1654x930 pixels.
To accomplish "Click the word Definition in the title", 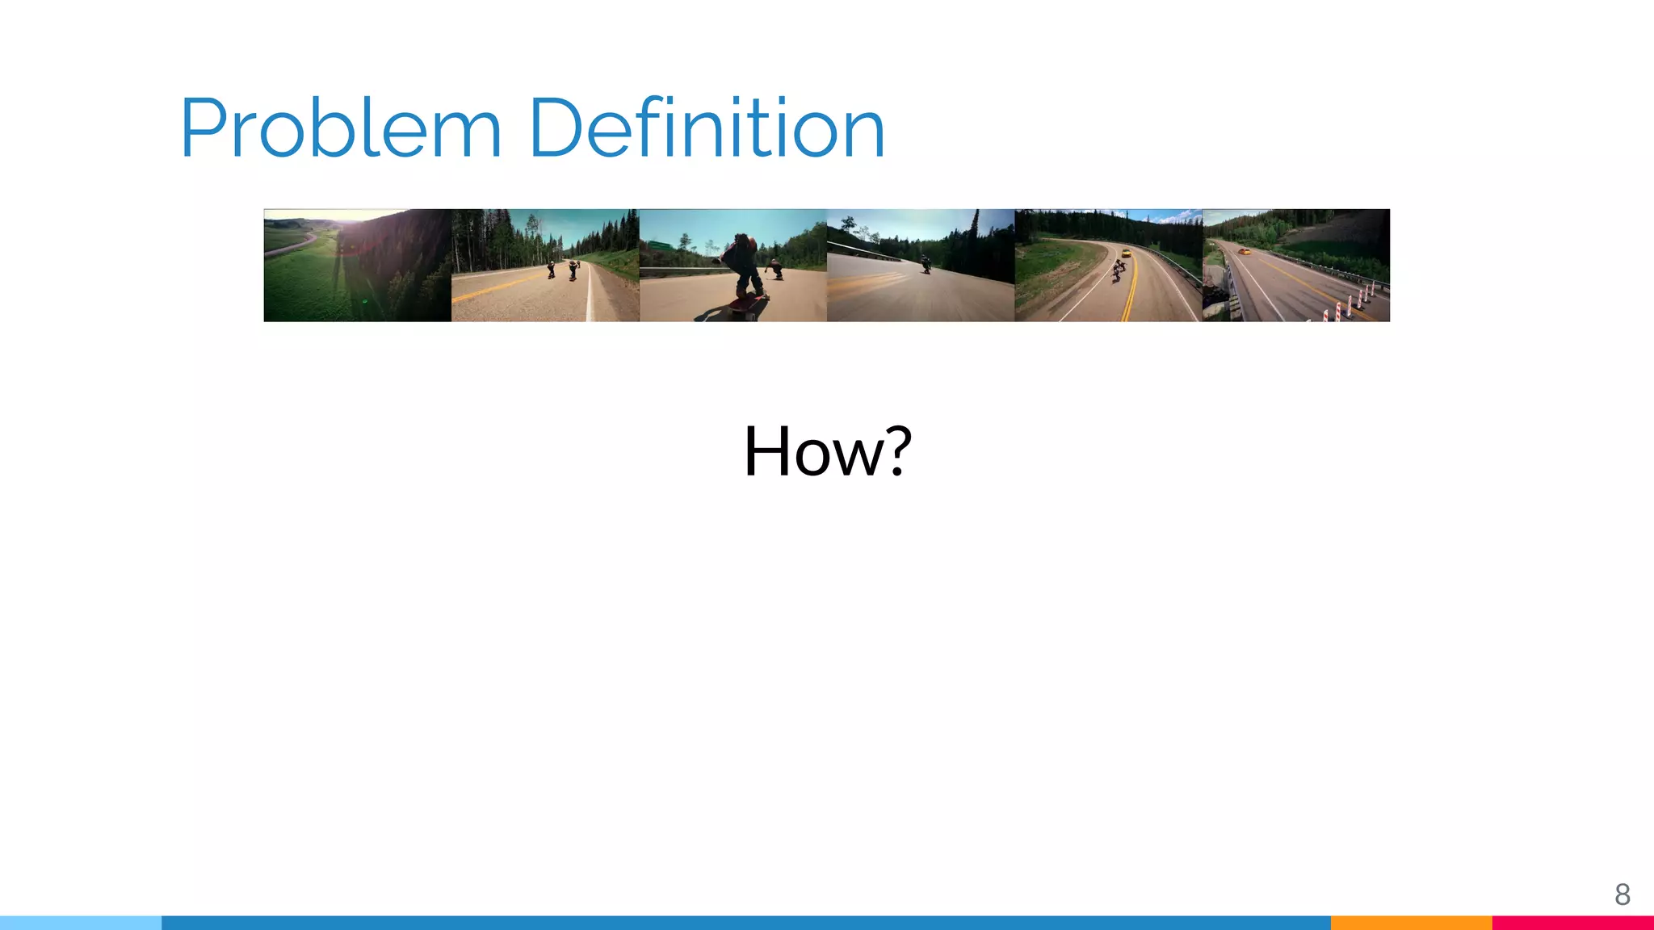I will [x=707, y=129].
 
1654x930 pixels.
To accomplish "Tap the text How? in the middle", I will [x=827, y=451].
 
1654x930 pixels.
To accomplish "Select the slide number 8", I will [x=1622, y=894].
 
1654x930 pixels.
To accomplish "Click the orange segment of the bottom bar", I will [x=1411, y=923].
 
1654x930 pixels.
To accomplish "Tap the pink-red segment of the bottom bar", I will [x=1572, y=923].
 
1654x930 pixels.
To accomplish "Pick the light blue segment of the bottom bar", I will [x=81, y=923].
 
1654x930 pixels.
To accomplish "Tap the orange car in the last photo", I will [x=1245, y=251].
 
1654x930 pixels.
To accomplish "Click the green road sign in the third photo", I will [x=660, y=245].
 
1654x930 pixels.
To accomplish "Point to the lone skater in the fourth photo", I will [x=926, y=264].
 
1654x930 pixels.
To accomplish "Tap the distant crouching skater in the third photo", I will [x=775, y=268].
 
